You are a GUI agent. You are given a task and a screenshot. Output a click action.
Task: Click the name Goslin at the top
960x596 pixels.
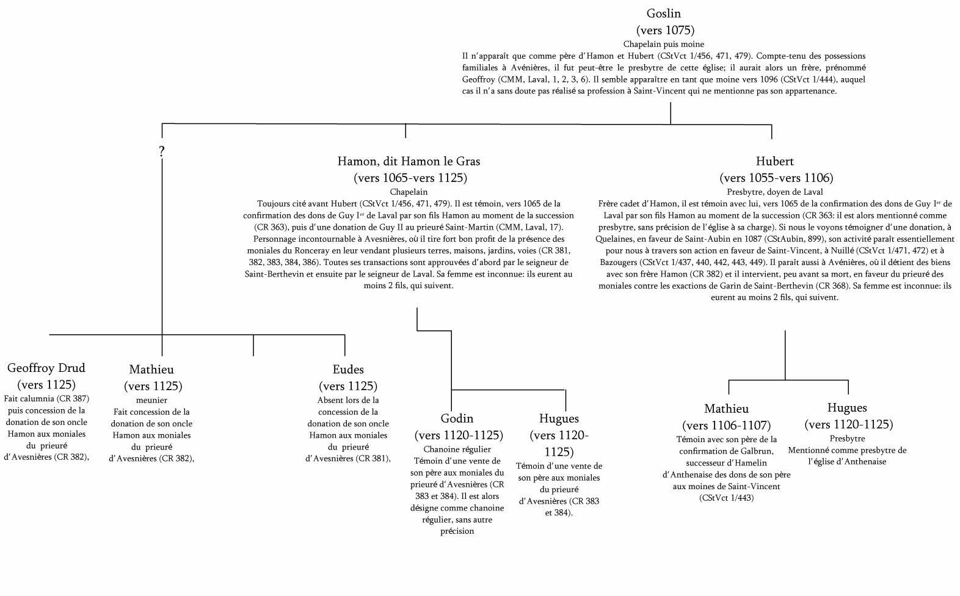663,13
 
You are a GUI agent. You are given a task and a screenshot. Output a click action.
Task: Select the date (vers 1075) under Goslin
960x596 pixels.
665,30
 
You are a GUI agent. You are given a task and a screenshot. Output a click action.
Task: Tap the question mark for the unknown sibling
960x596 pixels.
162,151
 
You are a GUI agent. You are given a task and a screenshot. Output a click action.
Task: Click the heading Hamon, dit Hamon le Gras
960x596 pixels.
409,161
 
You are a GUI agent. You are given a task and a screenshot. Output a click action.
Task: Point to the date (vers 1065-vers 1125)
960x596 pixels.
410,178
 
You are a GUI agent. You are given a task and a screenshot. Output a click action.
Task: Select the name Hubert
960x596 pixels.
774,161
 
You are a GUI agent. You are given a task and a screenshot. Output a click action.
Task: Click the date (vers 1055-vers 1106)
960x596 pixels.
776,178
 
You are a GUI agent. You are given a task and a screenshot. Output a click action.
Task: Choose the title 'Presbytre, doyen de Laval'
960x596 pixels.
774,192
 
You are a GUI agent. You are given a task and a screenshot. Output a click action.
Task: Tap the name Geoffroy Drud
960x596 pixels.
46,368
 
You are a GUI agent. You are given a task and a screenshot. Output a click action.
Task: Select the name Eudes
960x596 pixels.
348,369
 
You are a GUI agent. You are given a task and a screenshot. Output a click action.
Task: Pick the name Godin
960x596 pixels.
457,418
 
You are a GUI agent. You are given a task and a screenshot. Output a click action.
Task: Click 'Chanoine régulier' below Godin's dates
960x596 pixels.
457,449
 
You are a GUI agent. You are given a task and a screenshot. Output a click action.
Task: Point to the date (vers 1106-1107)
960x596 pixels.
726,425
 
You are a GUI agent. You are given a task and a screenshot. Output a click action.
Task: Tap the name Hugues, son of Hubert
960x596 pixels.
847,407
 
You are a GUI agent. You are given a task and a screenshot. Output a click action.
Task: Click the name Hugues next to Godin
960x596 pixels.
559,418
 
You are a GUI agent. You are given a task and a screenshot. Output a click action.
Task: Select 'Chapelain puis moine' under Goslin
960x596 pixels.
663,44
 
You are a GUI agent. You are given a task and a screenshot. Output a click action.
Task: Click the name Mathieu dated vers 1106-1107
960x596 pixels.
726,409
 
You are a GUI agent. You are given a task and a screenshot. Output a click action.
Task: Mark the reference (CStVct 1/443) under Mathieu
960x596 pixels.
726,498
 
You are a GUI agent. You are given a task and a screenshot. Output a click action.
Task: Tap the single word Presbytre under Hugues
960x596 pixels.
847,438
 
